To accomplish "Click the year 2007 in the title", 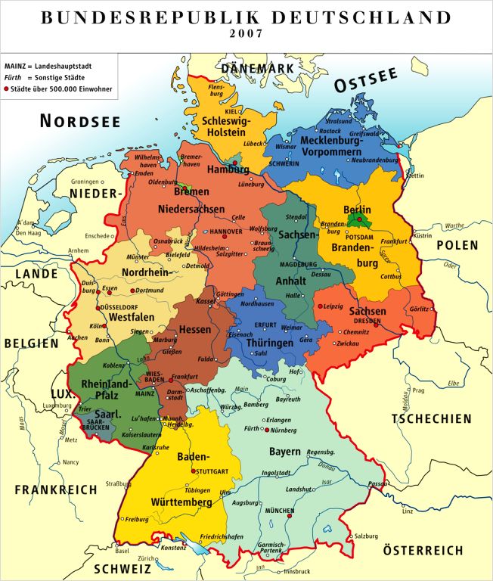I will pos(246,33).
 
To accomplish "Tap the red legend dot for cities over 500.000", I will pos(7,89).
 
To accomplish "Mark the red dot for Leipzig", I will pos(318,306).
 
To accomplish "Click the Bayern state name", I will pos(286,452).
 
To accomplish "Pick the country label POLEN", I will pos(457,245).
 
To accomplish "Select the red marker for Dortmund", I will pos(132,290).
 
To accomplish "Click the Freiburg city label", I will pos(137,519).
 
